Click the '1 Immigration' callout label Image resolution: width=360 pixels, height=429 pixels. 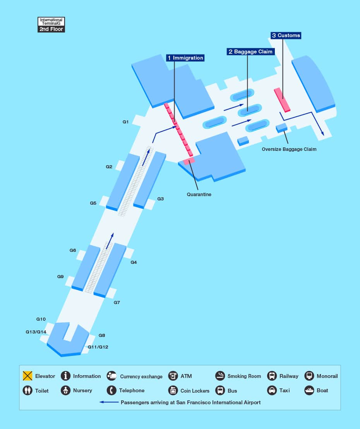[x=185, y=58]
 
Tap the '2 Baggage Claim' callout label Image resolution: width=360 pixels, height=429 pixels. [x=250, y=51]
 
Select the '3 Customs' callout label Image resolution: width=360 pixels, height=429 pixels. [x=286, y=35]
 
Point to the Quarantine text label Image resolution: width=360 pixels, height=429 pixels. [x=199, y=195]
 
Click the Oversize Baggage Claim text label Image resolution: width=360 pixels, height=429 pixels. [x=289, y=149]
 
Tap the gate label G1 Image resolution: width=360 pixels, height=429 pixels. [x=125, y=122]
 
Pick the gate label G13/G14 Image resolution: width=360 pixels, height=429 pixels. [x=36, y=332]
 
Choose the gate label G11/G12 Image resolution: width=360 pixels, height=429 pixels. [x=98, y=347]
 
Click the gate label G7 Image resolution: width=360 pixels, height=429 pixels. [x=117, y=303]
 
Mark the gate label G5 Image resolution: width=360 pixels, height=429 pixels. [x=93, y=203]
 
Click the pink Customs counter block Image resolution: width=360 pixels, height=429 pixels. [x=282, y=100]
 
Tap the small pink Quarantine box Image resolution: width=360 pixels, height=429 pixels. [x=189, y=161]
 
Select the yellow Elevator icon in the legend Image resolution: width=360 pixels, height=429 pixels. [x=27, y=376]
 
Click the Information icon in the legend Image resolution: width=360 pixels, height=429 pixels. [x=66, y=376]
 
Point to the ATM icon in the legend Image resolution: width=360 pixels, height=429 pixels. [x=173, y=376]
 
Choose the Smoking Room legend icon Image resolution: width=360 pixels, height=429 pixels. [x=220, y=376]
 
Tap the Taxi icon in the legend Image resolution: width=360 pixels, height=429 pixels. [x=272, y=390]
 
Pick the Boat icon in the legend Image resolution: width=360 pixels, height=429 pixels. [x=309, y=390]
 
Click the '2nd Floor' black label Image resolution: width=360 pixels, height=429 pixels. [x=51, y=29]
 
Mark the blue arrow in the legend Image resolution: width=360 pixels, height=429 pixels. [x=109, y=402]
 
